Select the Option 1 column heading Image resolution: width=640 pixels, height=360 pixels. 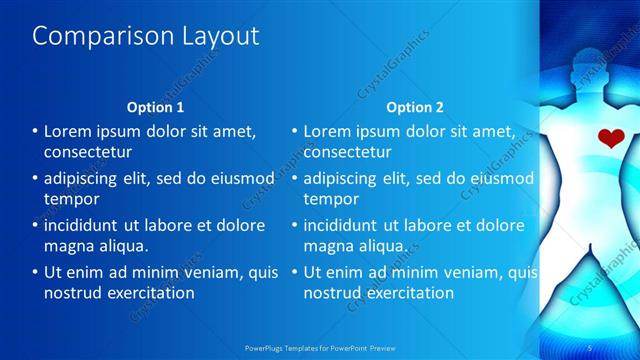click(155, 107)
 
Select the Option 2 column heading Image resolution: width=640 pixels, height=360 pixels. click(415, 107)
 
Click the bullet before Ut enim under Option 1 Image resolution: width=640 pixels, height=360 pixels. click(35, 271)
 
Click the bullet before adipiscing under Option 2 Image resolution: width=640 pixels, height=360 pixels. click(295, 178)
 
